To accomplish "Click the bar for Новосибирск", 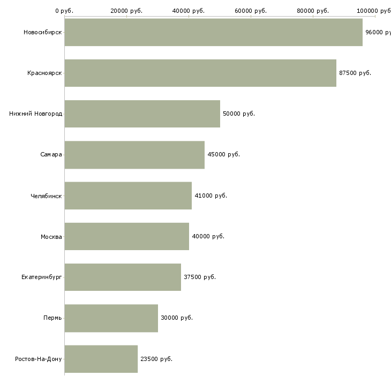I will pos(213,32).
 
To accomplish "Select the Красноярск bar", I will pos(200,73).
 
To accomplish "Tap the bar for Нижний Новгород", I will pos(142,114).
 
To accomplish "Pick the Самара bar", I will pos(134,155).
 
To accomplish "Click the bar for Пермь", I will pos(111,318).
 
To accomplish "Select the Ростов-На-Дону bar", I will pos(101,359).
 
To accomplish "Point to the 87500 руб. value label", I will pos(355,73).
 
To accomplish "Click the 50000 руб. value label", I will pos(239,114).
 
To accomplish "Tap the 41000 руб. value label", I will pos(211,195).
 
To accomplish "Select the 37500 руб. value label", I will pos(200,277).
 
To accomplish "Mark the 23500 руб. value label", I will pos(156,359).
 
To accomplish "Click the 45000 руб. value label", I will pos(224,155).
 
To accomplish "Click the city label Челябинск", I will pos(46,195).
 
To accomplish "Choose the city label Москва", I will pos(51,236).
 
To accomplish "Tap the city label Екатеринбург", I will pos(42,277).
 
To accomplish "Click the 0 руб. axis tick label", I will pos(64,11).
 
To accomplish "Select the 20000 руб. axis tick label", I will pos(126,11).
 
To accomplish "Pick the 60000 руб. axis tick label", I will pos(251,11).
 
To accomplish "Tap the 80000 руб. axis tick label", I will pos(313,11).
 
